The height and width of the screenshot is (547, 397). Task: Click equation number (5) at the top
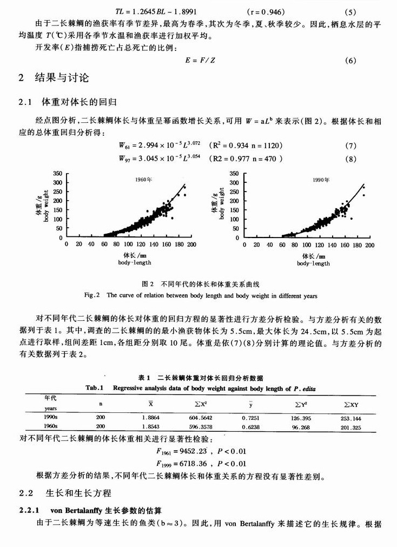coord(350,12)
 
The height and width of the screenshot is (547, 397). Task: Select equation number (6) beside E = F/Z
coord(350,61)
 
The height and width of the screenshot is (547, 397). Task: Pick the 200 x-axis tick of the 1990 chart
coord(370,245)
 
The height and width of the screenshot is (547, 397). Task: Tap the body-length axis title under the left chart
coord(134,262)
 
